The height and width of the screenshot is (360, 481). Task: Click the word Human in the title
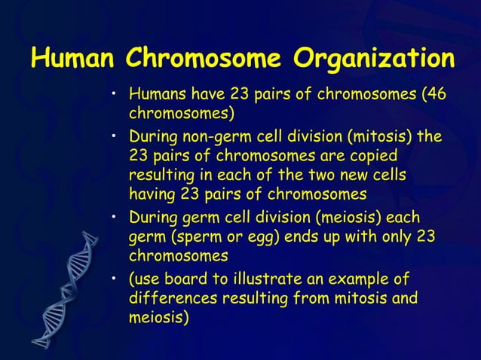coord(73,58)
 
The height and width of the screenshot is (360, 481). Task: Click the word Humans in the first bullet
coord(155,96)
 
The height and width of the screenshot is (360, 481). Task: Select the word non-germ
coord(218,139)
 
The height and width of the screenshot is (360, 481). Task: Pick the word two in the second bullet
coord(323,175)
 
